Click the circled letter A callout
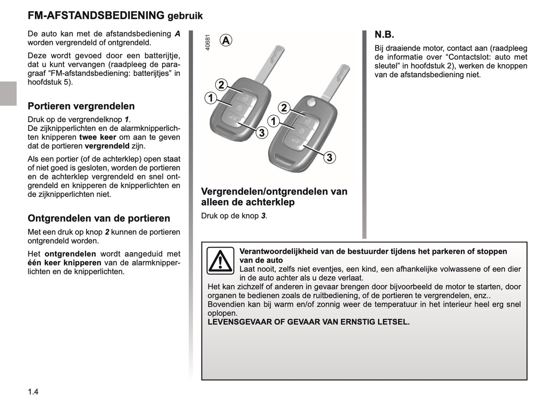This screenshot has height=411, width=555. (x=226, y=40)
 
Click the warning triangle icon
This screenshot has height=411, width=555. (x=220, y=261)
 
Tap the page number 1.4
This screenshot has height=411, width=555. (x=33, y=392)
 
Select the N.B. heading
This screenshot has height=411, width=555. (x=384, y=35)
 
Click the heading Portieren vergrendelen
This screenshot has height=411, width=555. (x=81, y=106)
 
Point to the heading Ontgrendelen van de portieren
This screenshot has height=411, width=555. (x=99, y=218)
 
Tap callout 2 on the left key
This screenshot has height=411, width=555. (x=221, y=85)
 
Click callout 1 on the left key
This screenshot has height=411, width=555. (x=210, y=98)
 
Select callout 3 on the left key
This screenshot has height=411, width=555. (x=262, y=133)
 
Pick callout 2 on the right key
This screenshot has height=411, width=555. (x=284, y=108)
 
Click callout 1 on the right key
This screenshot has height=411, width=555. (x=273, y=122)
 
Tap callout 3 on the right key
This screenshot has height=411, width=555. (x=329, y=157)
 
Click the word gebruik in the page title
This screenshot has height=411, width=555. (x=185, y=16)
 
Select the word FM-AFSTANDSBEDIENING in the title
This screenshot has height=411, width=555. (x=96, y=15)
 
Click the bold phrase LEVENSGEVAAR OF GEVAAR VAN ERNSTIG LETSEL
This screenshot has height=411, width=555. (x=308, y=322)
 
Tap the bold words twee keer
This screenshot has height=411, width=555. (x=98, y=137)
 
